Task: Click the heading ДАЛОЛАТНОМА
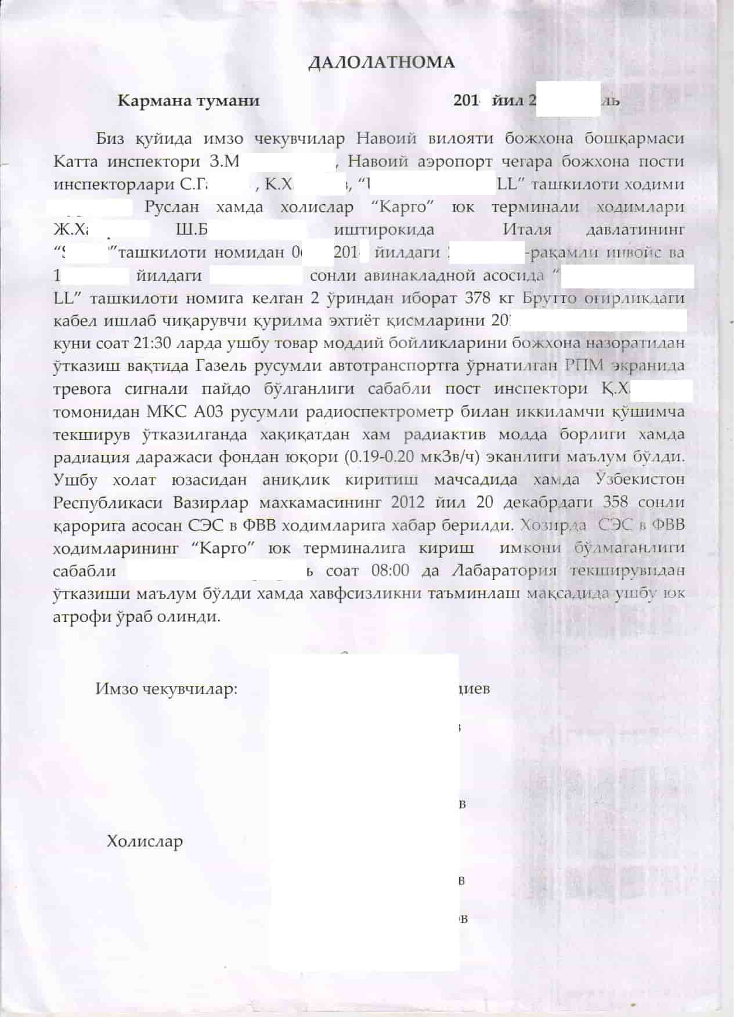point(381,63)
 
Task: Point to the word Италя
point(526,230)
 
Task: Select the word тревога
point(86,389)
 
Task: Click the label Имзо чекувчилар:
point(167,689)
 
